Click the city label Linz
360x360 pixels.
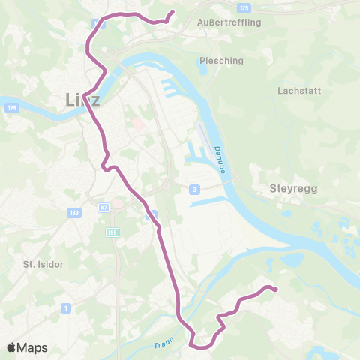pos(82,99)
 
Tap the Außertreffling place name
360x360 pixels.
pos(229,22)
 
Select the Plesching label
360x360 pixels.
pos(217,60)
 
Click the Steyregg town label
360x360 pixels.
pos(293,190)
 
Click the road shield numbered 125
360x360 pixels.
pos(244,7)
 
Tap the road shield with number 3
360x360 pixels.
pos(194,190)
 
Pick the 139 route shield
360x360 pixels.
pos(73,213)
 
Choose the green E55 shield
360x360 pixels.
pos(112,232)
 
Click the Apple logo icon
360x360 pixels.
pos(12,347)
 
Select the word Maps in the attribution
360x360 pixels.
pos(33,348)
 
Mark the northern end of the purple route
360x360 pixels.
pos(172,12)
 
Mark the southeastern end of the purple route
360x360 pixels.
pos(275,289)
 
